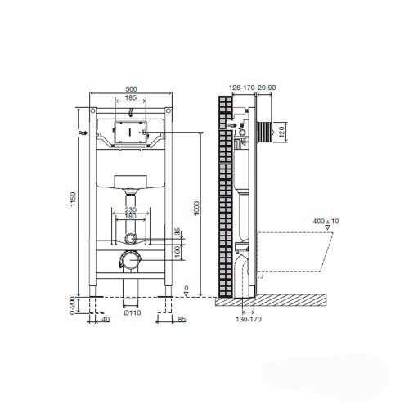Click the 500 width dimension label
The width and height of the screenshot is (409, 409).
tap(131, 89)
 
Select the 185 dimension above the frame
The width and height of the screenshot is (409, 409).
tap(131, 97)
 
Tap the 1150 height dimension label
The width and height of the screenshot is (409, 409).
tap(73, 199)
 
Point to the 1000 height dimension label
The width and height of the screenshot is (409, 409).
tap(196, 208)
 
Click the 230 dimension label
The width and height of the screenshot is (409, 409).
tap(131, 210)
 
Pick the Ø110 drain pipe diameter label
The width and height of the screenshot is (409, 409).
tap(133, 312)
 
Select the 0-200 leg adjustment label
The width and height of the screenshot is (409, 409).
tap(72, 305)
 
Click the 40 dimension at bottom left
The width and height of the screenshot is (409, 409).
tap(106, 319)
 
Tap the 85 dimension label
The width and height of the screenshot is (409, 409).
tap(182, 319)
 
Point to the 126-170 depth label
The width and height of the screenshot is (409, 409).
tap(241, 88)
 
